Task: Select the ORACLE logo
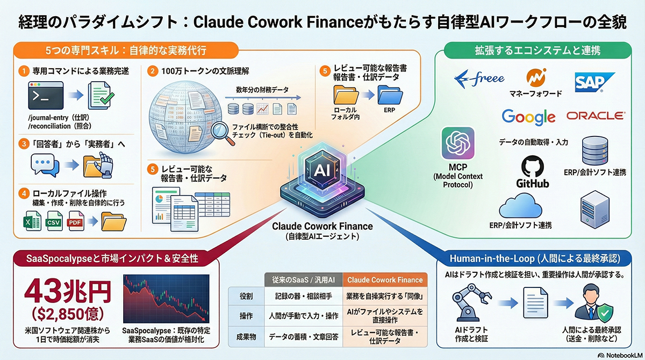595,116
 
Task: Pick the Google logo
528,117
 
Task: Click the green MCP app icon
457,144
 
